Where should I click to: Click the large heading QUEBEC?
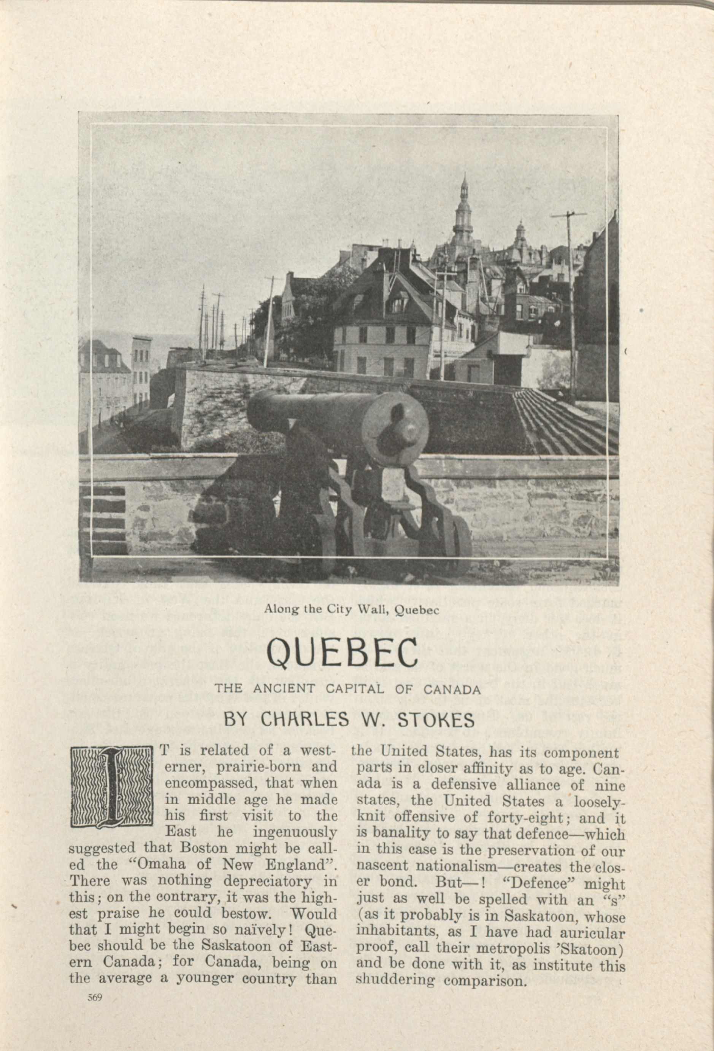(x=342, y=654)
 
